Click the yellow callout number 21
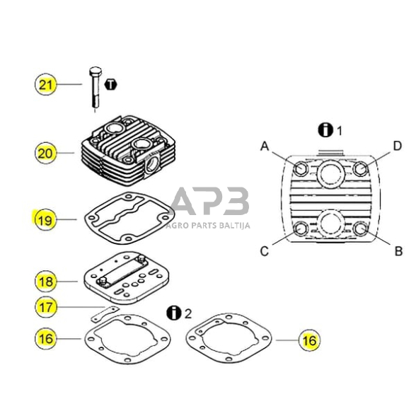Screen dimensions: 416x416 (46, 85)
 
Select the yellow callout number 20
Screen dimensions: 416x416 (46, 152)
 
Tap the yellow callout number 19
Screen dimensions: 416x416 (46, 220)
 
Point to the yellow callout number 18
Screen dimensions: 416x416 (46, 282)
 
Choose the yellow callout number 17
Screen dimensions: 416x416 (46, 307)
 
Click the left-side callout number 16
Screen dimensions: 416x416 (46, 339)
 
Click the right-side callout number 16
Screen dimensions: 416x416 (308, 340)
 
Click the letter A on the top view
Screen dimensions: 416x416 (265, 146)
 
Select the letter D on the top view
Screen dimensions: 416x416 (397, 146)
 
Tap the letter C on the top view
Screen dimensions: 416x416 (265, 250)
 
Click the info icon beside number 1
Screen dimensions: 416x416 (325, 130)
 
